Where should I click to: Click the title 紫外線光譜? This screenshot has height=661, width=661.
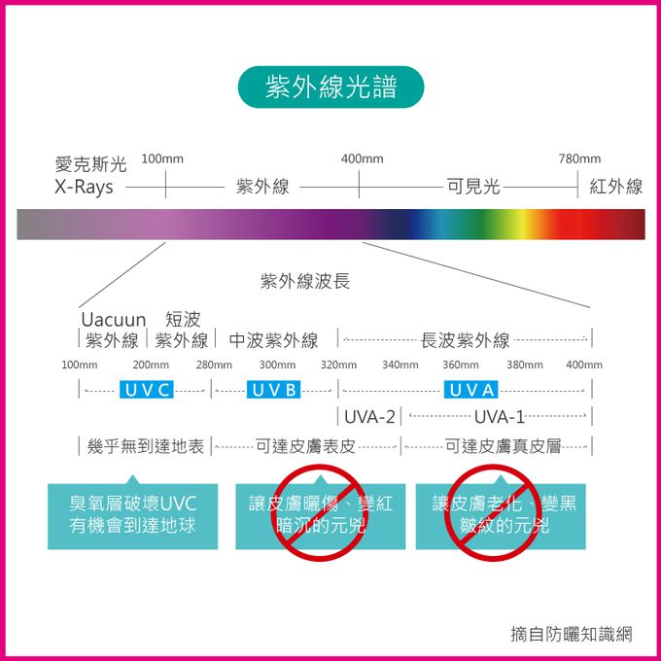330,87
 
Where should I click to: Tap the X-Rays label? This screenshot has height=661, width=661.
84,187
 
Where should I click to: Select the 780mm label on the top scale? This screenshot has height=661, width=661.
579,158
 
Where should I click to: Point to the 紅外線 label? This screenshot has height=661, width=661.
616,187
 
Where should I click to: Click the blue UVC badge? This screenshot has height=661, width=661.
149,390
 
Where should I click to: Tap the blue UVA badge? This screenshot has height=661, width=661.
472,390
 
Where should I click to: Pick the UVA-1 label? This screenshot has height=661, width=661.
500,417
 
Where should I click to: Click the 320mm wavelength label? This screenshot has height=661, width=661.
338,365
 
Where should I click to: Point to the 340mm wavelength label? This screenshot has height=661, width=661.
400,365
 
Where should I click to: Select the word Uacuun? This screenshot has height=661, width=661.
113,320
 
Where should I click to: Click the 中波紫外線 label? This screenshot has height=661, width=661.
273,340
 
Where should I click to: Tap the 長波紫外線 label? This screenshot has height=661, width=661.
465,340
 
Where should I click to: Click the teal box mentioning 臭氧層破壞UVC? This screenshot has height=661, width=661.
133,514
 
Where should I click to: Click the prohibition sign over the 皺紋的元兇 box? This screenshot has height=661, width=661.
492,513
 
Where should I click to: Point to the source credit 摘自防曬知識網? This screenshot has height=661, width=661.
572,634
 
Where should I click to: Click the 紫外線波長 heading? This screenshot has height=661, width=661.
305,282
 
